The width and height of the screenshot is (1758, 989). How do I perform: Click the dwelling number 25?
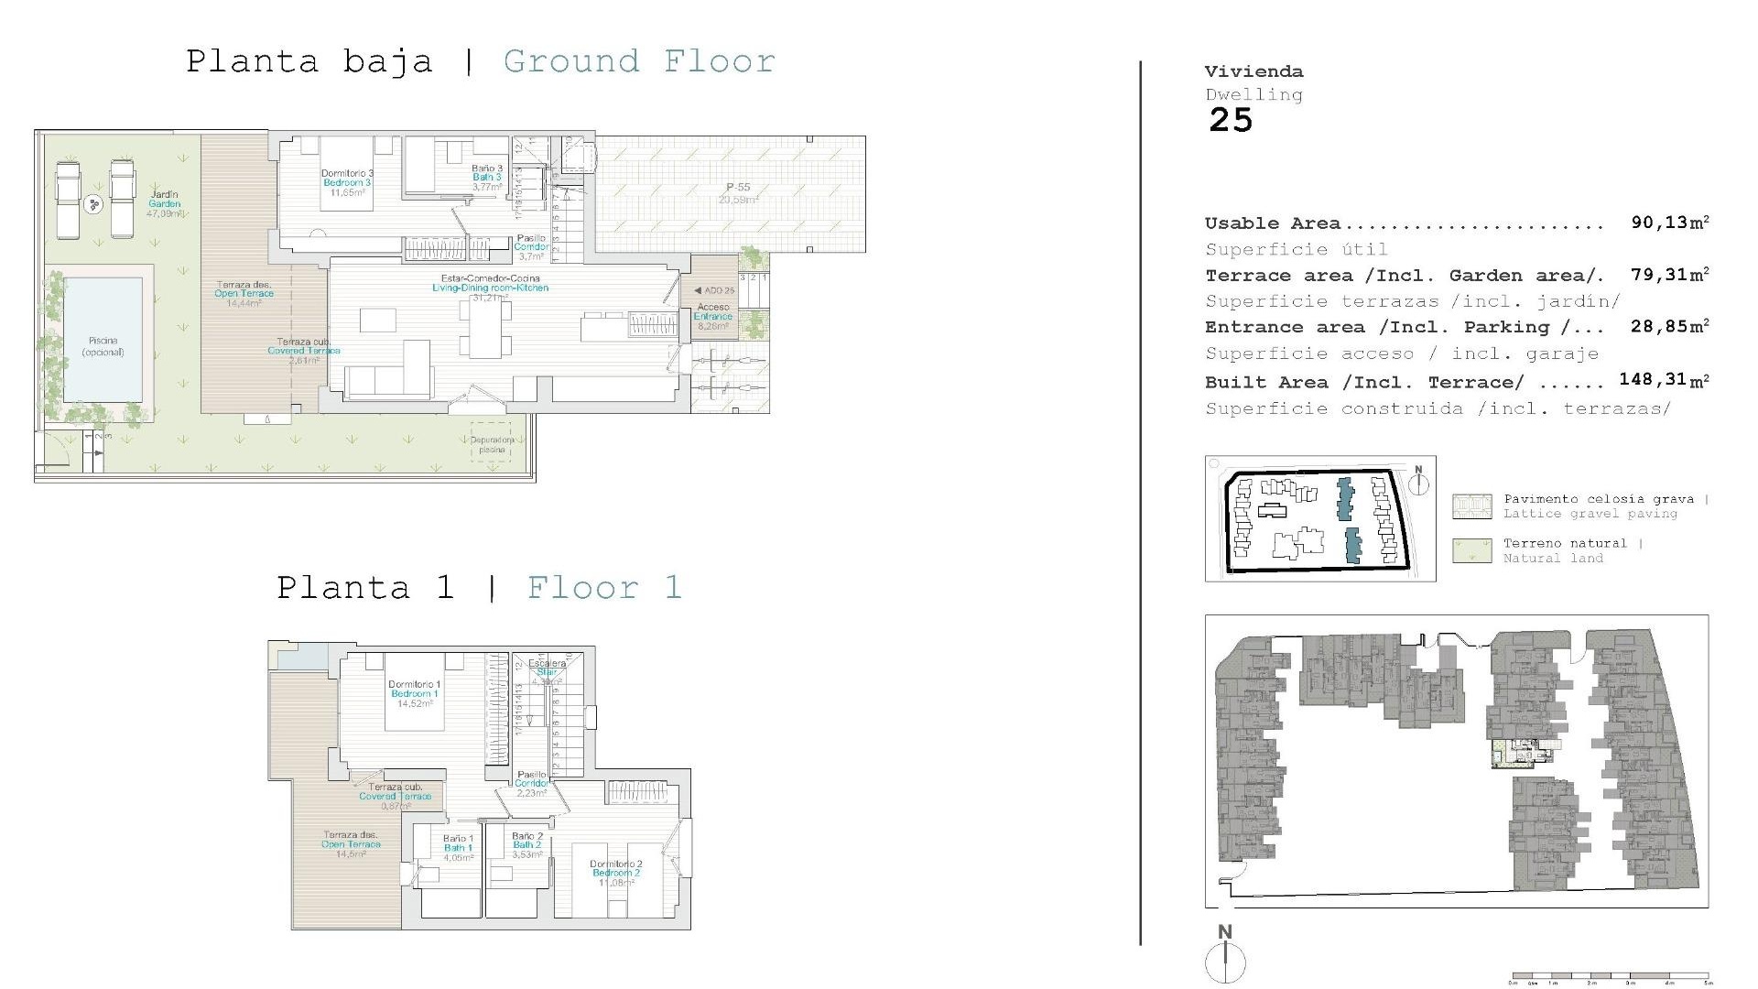coord(1230,120)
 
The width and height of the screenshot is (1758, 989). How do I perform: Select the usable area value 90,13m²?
coord(1669,223)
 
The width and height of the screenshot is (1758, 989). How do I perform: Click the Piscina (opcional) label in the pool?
coord(103,346)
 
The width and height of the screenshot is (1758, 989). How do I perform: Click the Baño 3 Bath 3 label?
coord(487,177)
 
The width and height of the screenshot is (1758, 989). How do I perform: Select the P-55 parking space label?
coord(738,193)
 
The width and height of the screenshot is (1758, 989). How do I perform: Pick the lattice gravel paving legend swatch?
coord(1470,506)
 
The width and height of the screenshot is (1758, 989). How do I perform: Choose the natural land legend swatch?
coord(1470,550)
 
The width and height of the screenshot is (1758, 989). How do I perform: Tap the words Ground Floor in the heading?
coord(639,61)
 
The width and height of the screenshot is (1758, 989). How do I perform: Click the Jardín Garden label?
coord(165,203)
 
